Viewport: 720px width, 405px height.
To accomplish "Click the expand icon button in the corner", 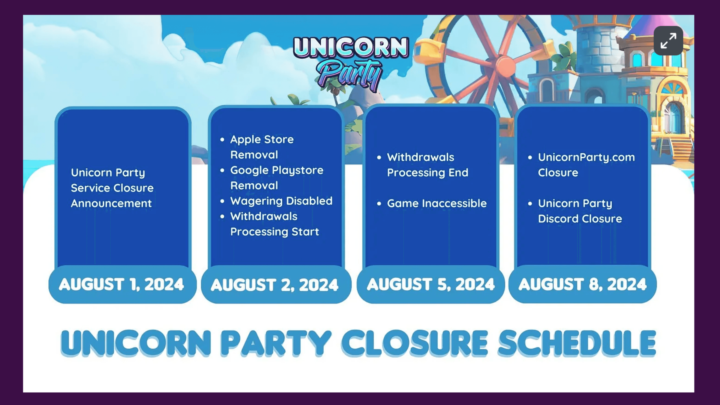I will tap(668, 41).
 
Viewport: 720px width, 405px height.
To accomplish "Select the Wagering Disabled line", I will tap(281, 201).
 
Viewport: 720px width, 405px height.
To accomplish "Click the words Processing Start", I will tap(274, 232).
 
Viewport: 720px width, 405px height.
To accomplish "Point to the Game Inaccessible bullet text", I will tap(436, 203).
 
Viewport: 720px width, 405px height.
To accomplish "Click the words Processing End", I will tap(427, 173).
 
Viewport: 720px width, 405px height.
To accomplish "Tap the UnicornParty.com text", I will tap(586, 157).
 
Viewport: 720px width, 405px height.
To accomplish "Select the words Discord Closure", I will tap(580, 219).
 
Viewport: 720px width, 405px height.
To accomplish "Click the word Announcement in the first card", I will tap(111, 203).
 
